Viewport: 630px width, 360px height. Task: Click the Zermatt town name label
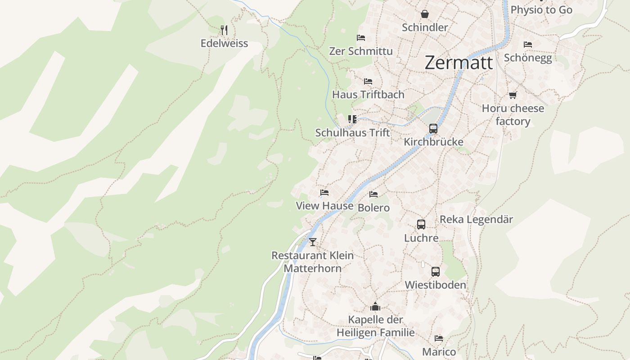point(459,63)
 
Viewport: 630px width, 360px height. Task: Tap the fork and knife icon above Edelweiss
point(224,30)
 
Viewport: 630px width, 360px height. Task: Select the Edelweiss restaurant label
point(224,43)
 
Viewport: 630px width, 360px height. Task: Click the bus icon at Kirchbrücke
point(433,129)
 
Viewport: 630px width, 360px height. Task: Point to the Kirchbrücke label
point(433,142)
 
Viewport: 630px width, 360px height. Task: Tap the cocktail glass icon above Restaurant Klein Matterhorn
point(313,242)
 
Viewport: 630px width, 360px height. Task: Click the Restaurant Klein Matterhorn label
point(312,261)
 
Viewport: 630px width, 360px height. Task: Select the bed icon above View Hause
point(324,193)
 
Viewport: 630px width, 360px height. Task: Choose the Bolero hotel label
point(373,207)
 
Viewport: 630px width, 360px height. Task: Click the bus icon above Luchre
point(421,225)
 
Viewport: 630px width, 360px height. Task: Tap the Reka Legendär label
point(476,219)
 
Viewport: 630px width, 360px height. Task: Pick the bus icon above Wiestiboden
point(435,272)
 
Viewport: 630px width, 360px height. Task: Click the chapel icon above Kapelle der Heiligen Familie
point(375,307)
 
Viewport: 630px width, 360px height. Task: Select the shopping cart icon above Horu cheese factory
point(513,95)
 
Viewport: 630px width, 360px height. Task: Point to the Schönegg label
point(528,58)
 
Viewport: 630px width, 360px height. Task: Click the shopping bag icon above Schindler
point(424,14)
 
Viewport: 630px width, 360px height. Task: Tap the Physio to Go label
point(541,9)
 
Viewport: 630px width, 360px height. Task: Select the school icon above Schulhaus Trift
point(352,119)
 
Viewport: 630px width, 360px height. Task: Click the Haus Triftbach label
point(368,94)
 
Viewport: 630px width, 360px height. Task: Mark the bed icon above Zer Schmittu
point(360,38)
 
